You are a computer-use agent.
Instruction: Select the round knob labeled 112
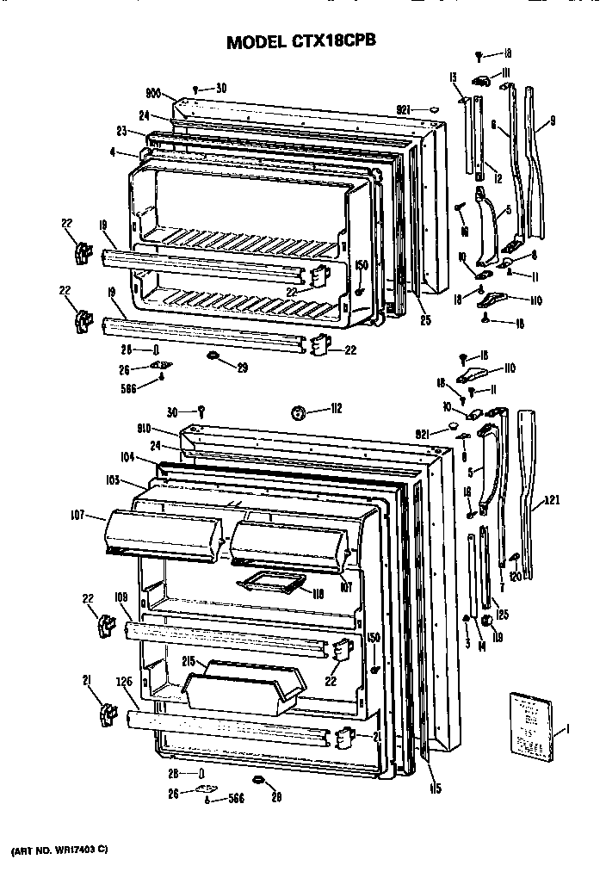point(300,412)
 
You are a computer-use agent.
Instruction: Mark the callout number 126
point(124,681)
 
